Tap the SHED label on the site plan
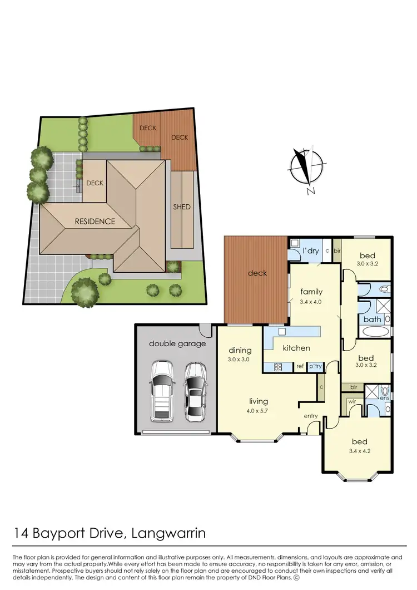point(182,207)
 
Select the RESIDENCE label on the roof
point(95,221)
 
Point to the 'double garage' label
point(177,343)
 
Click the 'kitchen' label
point(296,348)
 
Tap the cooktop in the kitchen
point(277,366)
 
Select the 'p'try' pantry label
point(316,366)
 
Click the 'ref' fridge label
point(300,366)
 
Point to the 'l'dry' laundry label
point(311,251)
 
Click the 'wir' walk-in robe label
point(352,401)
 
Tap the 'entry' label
point(311,416)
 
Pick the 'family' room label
point(311,292)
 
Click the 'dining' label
point(240,351)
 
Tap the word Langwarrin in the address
point(168,534)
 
